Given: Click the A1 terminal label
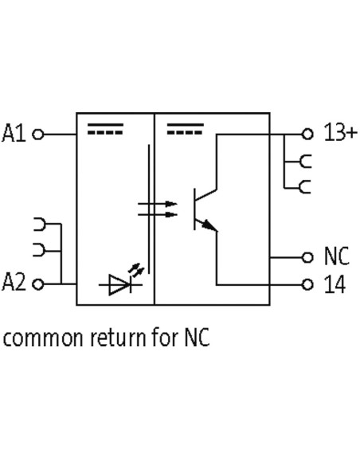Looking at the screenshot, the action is pyautogui.click(x=14, y=134).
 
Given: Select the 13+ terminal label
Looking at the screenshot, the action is pyautogui.click(x=341, y=131).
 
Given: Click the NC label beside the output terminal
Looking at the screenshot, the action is pyautogui.click(x=337, y=256).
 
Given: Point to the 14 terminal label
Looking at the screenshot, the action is pyautogui.click(x=335, y=284).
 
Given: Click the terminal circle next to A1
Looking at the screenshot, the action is pyautogui.click(x=38, y=135).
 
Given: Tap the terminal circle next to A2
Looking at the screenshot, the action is pyautogui.click(x=38, y=284).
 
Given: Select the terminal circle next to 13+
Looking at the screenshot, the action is pyautogui.click(x=307, y=134).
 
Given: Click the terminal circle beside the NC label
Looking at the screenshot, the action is pyautogui.click(x=307, y=257).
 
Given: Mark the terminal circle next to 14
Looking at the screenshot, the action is pyautogui.click(x=307, y=285).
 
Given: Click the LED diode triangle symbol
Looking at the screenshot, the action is pyautogui.click(x=119, y=285).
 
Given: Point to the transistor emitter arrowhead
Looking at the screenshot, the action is pyautogui.click(x=209, y=225).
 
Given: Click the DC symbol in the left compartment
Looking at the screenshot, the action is pyautogui.click(x=105, y=129).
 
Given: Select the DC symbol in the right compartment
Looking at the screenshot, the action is pyautogui.click(x=186, y=129).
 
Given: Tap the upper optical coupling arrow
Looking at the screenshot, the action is pyautogui.click(x=158, y=204).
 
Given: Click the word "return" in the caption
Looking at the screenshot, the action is pyautogui.click(x=118, y=338).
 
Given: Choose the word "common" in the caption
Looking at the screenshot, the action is pyautogui.click(x=43, y=338).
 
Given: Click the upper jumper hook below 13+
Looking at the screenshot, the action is pyautogui.click(x=305, y=162).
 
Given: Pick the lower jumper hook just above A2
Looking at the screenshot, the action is pyautogui.click(x=39, y=250).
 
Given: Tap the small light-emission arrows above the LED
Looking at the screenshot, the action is pyautogui.click(x=136, y=270).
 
